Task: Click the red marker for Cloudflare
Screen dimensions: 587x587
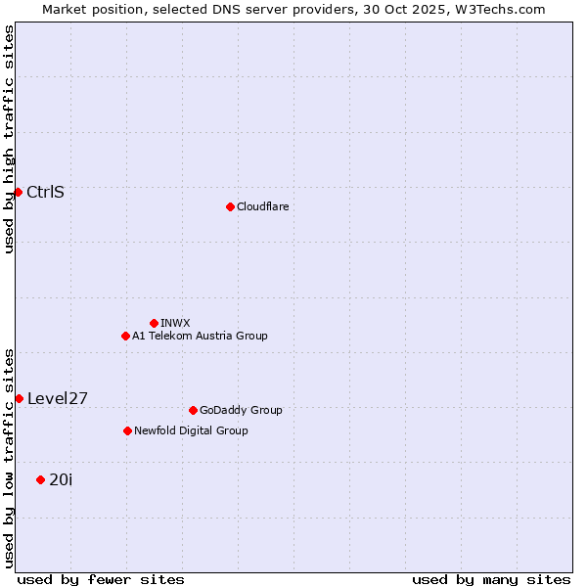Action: tap(230, 206)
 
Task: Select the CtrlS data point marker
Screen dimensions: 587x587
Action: tap(18, 192)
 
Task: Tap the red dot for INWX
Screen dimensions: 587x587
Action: tap(154, 323)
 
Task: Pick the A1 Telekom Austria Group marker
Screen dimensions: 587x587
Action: tap(125, 336)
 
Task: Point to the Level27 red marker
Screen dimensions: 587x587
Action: tap(19, 398)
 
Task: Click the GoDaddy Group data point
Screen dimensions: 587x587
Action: tap(193, 410)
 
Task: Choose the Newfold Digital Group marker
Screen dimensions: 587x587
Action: tap(127, 430)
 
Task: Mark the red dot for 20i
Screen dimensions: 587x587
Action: tap(40, 479)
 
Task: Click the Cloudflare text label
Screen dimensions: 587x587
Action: tap(263, 206)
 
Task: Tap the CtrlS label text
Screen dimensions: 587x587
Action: tap(46, 192)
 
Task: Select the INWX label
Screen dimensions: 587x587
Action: tap(175, 323)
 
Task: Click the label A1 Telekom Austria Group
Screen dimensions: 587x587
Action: tap(200, 336)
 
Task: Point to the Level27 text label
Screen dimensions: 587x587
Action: tap(58, 398)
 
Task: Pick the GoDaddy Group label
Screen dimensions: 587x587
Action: tap(241, 410)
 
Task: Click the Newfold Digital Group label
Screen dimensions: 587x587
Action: tap(191, 430)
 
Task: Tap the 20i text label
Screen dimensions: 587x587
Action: tap(61, 479)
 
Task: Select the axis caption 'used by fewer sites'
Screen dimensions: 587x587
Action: tap(101, 579)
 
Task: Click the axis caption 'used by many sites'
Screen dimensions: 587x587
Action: tap(491, 579)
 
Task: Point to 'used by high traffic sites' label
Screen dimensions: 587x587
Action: tap(9, 139)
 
